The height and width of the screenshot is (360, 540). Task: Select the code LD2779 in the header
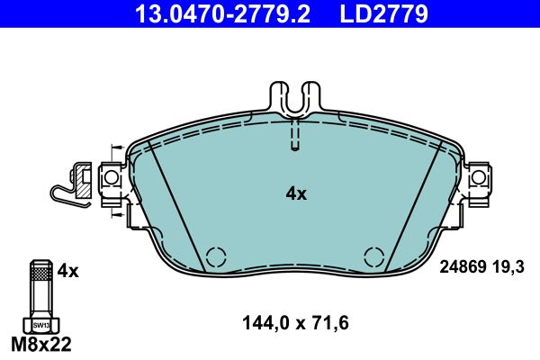point(382,13)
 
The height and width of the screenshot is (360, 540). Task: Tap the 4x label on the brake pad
point(296,193)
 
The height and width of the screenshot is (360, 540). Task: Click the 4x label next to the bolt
point(68,269)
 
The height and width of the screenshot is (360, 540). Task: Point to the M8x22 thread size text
point(40,344)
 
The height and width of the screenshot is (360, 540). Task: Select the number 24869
point(463,266)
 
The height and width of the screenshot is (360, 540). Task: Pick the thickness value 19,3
point(508,266)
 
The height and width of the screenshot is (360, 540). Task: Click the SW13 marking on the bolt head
point(40,324)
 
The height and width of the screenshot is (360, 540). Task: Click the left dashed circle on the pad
point(216,256)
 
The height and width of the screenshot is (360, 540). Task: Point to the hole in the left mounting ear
point(112,178)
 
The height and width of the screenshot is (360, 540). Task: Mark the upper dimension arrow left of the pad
point(115,148)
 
